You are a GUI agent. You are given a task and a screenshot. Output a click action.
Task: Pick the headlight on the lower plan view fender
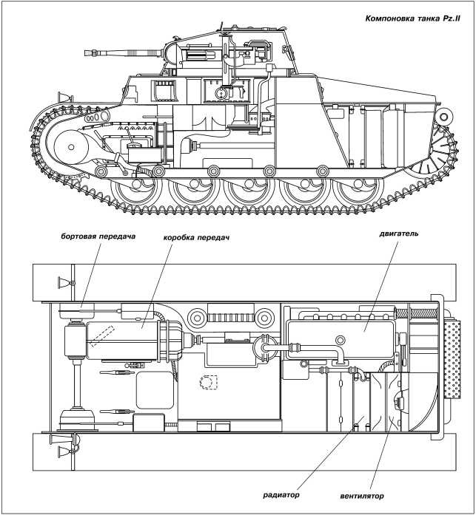tap(57, 445)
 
